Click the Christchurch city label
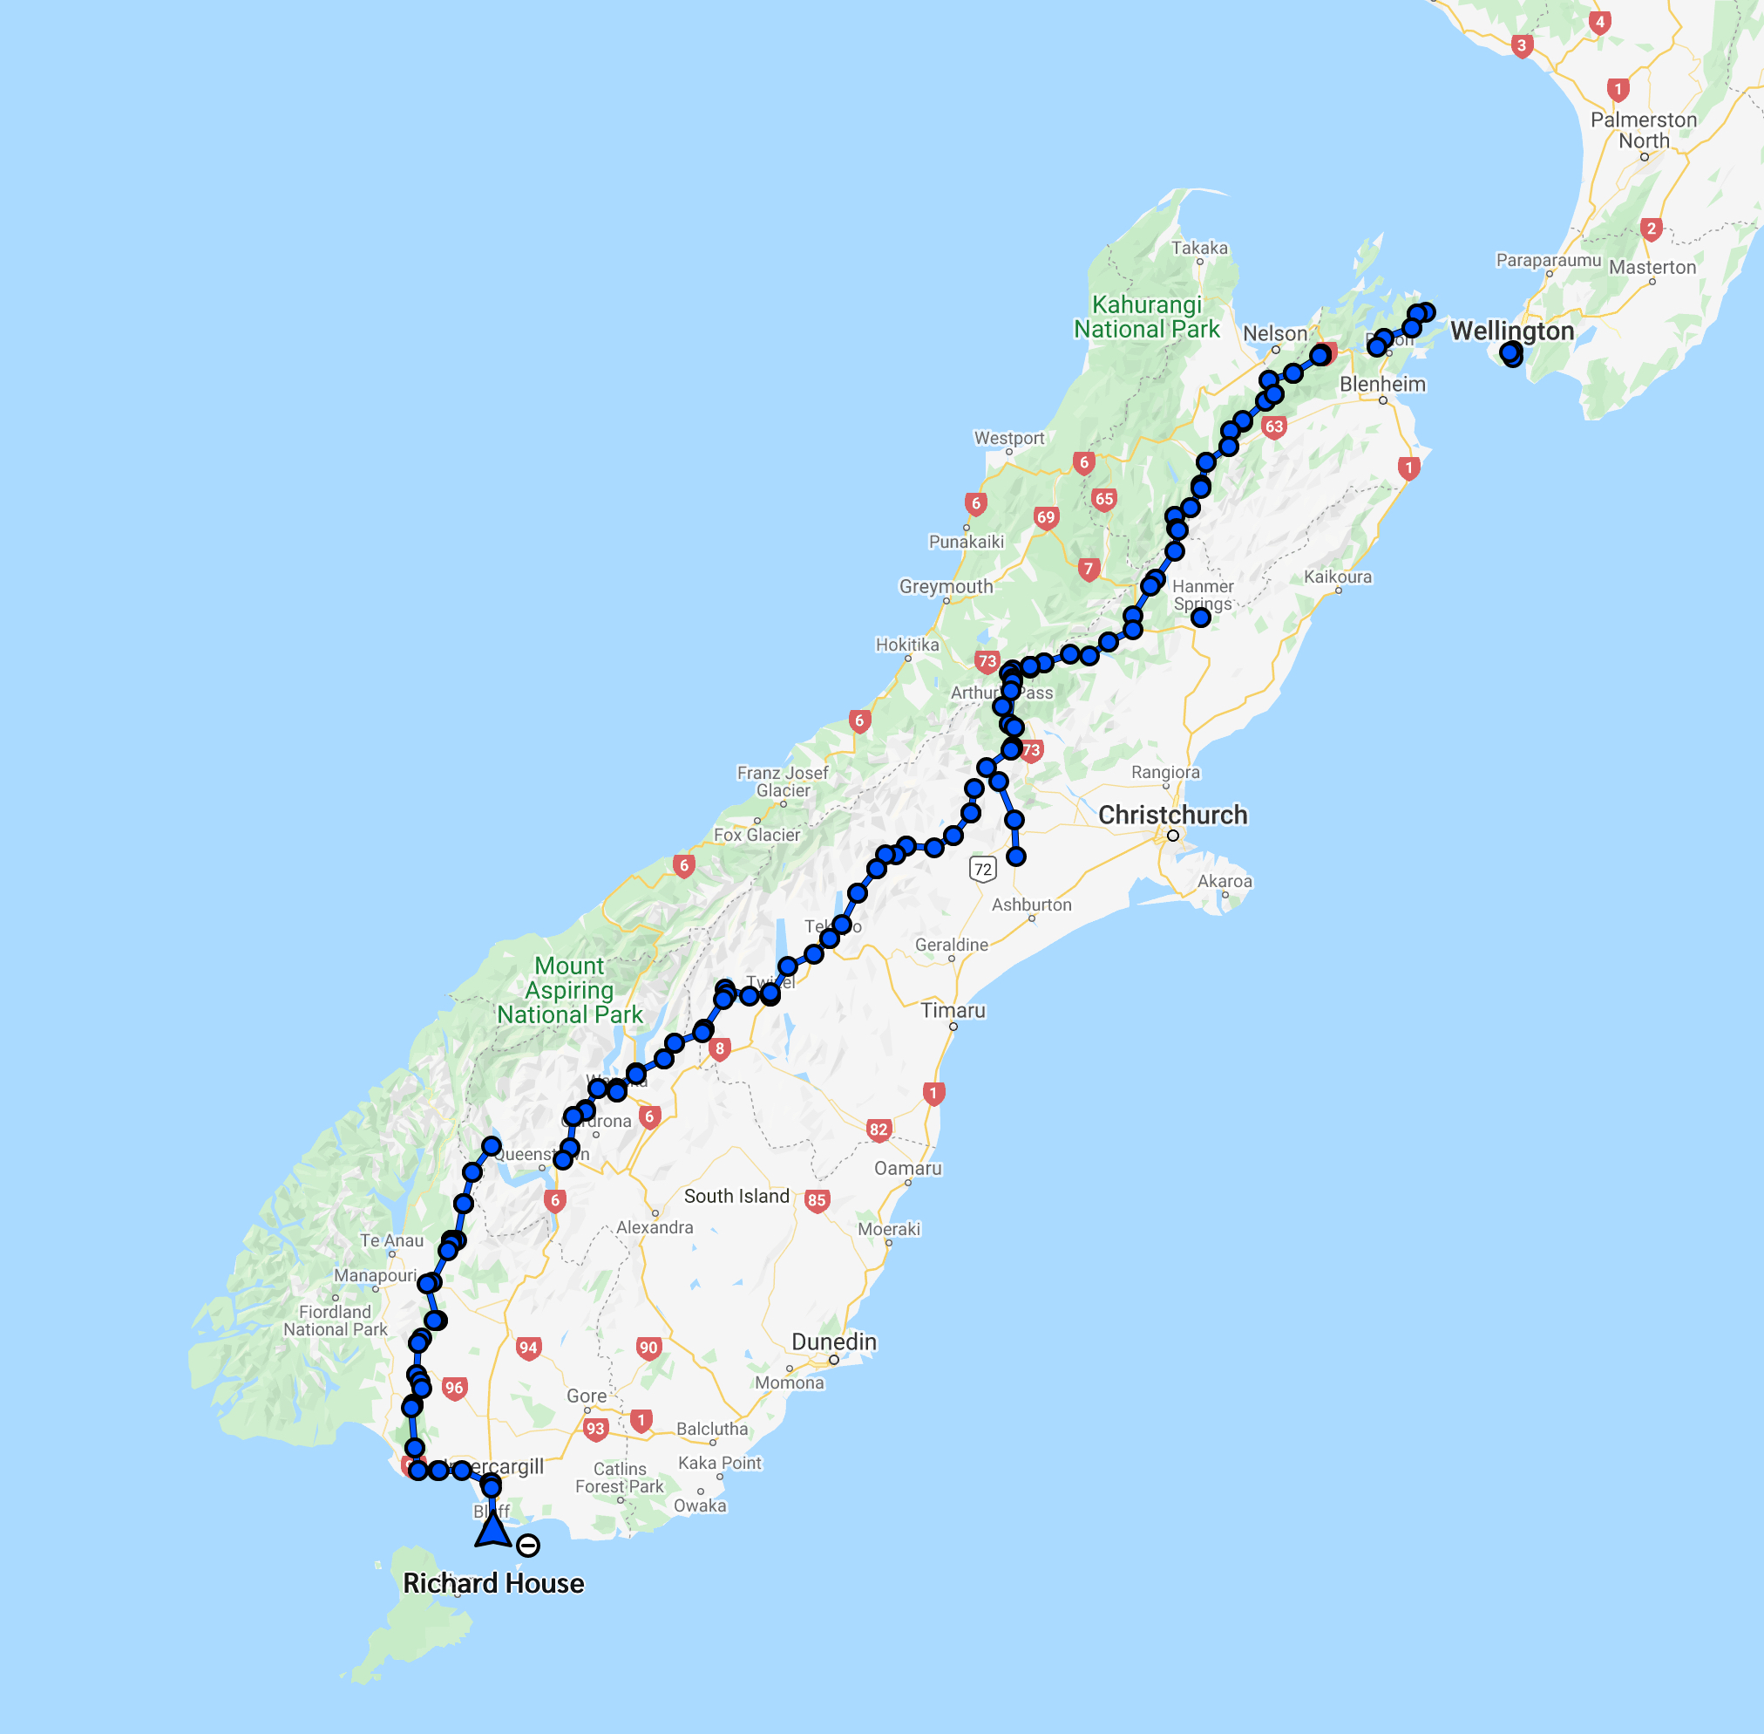coord(1172,814)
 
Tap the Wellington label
coord(1511,331)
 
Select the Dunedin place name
coord(834,1341)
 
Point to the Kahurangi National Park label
coord(1146,316)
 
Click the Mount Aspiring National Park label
coord(570,990)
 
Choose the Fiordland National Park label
coord(335,1320)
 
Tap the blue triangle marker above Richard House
coord(492,1528)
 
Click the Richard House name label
coord(493,1583)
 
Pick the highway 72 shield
coord(983,868)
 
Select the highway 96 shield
coord(454,1388)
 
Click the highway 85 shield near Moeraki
coord(817,1200)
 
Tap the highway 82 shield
coord(878,1130)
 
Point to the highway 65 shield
coord(1104,498)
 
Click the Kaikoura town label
coord(1337,577)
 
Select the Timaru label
coord(953,1010)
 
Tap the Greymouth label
coord(946,585)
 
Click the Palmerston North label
coord(1643,130)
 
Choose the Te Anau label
coord(391,1240)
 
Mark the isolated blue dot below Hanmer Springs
coord(1201,618)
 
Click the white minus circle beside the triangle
coord(528,1546)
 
